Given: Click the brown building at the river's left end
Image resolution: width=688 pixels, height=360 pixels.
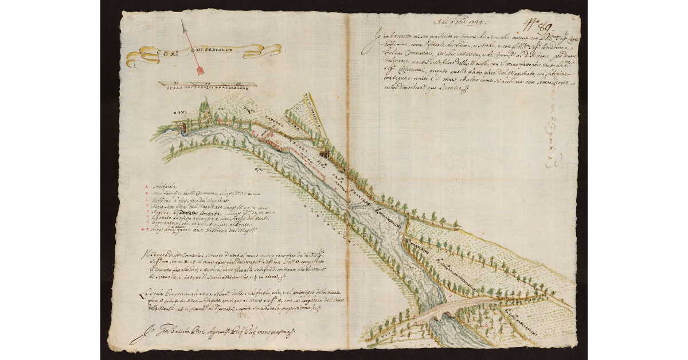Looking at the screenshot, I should [x=182, y=127].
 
